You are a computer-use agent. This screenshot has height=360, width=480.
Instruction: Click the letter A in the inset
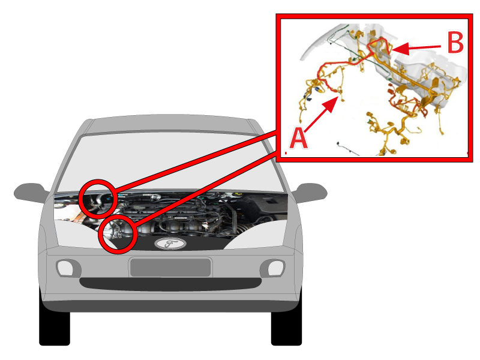coord(298,139)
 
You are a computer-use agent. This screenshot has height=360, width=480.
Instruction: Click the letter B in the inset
coord(455,42)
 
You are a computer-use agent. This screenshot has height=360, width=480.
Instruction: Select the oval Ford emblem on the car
coord(170,244)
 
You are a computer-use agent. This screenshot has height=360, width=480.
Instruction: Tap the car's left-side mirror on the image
coord(31,193)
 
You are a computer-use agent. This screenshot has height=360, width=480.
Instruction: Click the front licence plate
coord(170,268)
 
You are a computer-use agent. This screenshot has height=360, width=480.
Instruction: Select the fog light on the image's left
coord(65,268)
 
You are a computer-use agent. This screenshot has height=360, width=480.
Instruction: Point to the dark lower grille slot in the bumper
coord(170,284)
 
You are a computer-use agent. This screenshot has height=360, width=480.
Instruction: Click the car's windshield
coord(170,162)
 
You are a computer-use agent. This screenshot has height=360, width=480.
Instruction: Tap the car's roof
coord(170,124)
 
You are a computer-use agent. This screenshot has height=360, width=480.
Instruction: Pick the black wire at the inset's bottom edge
coord(348,148)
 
